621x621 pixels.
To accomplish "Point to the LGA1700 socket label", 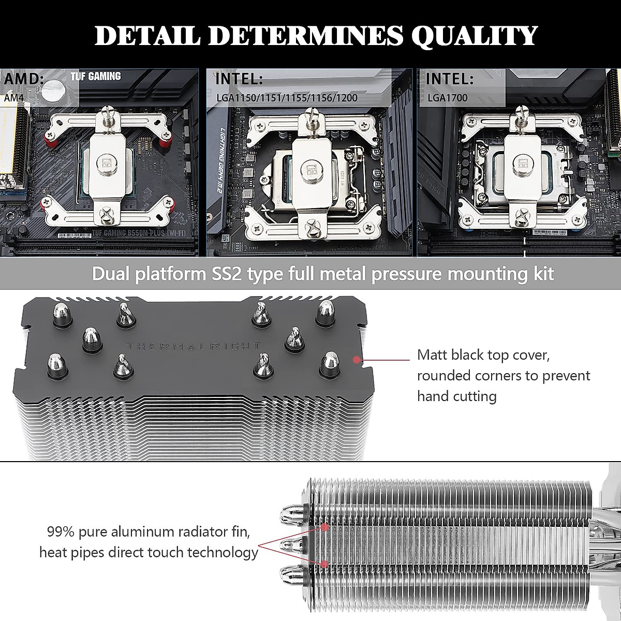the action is (x=447, y=97).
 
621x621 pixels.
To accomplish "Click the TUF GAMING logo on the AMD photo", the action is (x=96, y=77).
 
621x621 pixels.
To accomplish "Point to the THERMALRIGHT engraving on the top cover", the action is (x=194, y=346).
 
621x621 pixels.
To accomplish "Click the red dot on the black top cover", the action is (x=356, y=359).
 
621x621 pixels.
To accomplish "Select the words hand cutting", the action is (x=457, y=396).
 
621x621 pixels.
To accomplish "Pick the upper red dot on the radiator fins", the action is (x=325, y=527).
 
